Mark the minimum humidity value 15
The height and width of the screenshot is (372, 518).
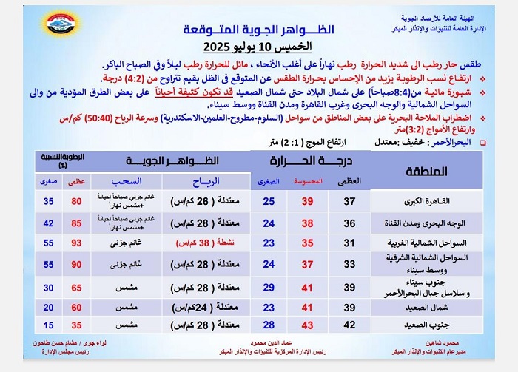(x=48, y=325)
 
